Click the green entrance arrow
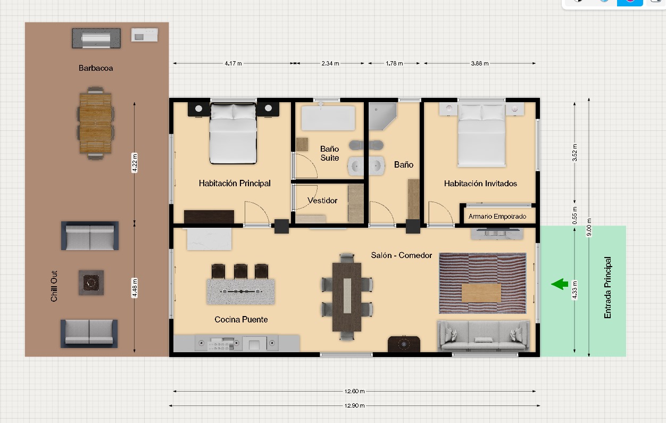[x=560, y=284]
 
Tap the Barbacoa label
[x=96, y=68]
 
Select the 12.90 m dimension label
[x=354, y=405]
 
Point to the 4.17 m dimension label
[x=233, y=63]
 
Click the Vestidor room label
[x=322, y=201]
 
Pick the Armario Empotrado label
[x=497, y=216]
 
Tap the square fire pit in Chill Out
[x=91, y=283]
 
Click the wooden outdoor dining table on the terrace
[x=95, y=123]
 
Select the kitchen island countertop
[x=240, y=292]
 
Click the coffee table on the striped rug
[x=481, y=293]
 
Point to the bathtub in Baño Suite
[x=328, y=118]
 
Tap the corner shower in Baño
[x=382, y=117]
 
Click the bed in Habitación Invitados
[x=481, y=135]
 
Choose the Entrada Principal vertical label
[x=607, y=288]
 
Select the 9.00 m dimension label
[x=589, y=227]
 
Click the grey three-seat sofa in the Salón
[x=484, y=335]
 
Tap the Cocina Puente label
[x=241, y=319]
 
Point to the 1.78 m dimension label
[x=394, y=63]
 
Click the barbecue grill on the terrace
[x=96, y=38]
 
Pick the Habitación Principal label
[x=235, y=183]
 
